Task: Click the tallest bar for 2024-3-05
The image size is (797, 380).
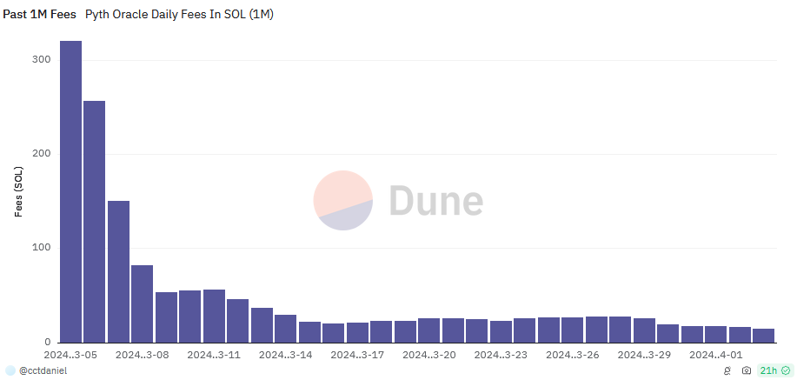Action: coord(70,191)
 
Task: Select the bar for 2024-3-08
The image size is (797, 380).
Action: coord(143,303)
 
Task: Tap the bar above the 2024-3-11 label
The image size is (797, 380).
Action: coord(214,316)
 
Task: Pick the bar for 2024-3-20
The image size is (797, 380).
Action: coord(429,330)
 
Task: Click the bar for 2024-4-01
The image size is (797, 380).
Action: coord(716,334)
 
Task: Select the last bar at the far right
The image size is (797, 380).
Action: coord(764,335)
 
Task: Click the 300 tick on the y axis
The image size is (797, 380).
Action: coord(42,59)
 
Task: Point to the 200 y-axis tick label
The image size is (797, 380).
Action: coord(42,153)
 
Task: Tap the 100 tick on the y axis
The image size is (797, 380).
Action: coord(42,247)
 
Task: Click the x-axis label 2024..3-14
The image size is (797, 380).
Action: coord(286,355)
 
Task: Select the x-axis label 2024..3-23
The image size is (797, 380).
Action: coord(501,355)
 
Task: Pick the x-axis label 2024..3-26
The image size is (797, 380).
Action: coord(573,355)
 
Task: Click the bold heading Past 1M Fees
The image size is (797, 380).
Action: coord(39,15)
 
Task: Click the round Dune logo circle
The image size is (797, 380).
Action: coord(343,201)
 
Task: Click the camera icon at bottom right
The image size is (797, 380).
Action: coord(746,370)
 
